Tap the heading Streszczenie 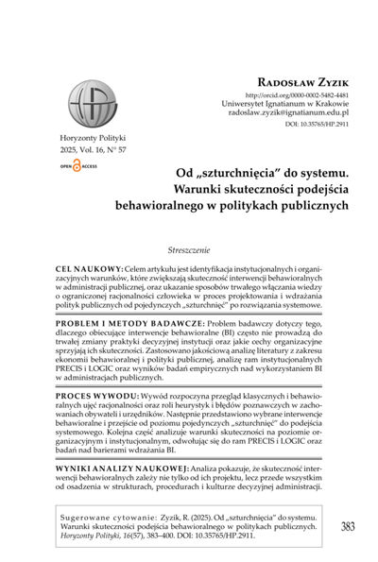[x=189, y=228]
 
